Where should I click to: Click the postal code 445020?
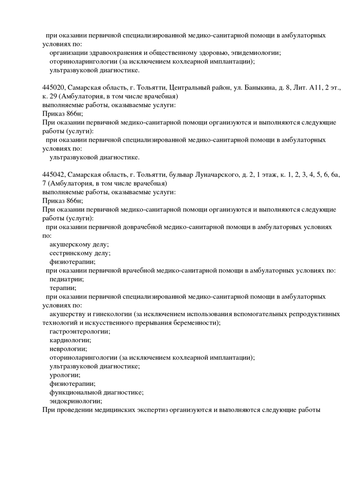[54, 88]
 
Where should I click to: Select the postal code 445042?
[54, 175]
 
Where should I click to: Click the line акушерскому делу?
[79, 245]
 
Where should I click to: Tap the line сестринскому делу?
[80, 253]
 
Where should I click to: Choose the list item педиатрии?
[67, 279]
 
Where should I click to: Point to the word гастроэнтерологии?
[80, 331]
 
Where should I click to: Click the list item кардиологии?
[70, 340]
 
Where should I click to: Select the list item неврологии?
[68, 349]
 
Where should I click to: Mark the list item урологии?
[65, 375]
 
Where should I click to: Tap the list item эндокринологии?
[76, 401]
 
